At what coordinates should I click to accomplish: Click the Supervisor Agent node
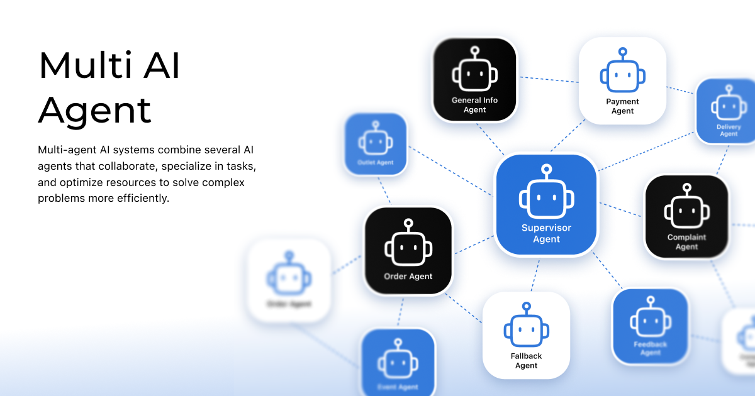pyautogui.click(x=546, y=205)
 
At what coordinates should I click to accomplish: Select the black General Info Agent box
pyautogui.click(x=474, y=79)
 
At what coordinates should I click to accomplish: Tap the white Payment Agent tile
pyautogui.click(x=622, y=80)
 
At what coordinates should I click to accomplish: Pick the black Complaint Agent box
pyautogui.click(x=686, y=216)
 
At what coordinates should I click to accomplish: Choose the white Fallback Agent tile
pyautogui.click(x=526, y=335)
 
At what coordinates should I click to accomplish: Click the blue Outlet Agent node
pyautogui.click(x=376, y=144)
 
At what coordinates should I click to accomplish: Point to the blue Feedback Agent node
pyautogui.click(x=650, y=326)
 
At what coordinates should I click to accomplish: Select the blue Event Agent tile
pyautogui.click(x=398, y=363)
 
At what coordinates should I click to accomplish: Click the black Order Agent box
pyautogui.click(x=408, y=251)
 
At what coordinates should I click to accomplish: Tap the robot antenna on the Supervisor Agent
pyautogui.click(x=546, y=170)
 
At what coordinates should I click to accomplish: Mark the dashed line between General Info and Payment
pyautogui.click(x=547, y=80)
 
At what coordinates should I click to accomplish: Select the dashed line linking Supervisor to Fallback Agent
pyautogui.click(x=535, y=274)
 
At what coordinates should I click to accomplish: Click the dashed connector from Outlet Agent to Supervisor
pyautogui.click(x=451, y=171)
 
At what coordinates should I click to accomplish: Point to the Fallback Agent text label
pyautogui.click(x=526, y=361)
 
